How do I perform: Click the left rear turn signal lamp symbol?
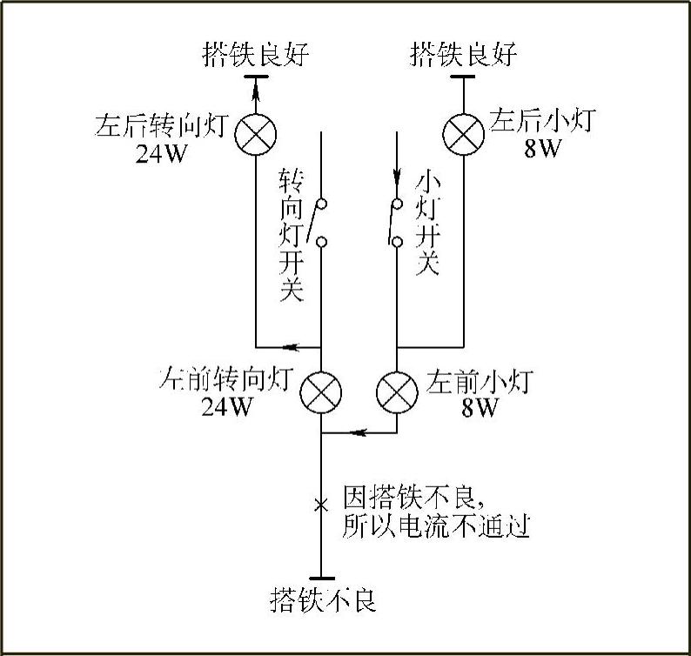click(x=255, y=132)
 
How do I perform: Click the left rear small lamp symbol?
click(x=463, y=132)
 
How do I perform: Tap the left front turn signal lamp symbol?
click(x=321, y=392)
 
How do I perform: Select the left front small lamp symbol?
click(x=397, y=392)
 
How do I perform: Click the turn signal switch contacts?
click(x=321, y=222)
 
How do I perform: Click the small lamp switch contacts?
click(x=396, y=222)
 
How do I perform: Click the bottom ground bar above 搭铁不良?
click(x=321, y=578)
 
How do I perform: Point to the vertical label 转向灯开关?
click(x=291, y=235)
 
